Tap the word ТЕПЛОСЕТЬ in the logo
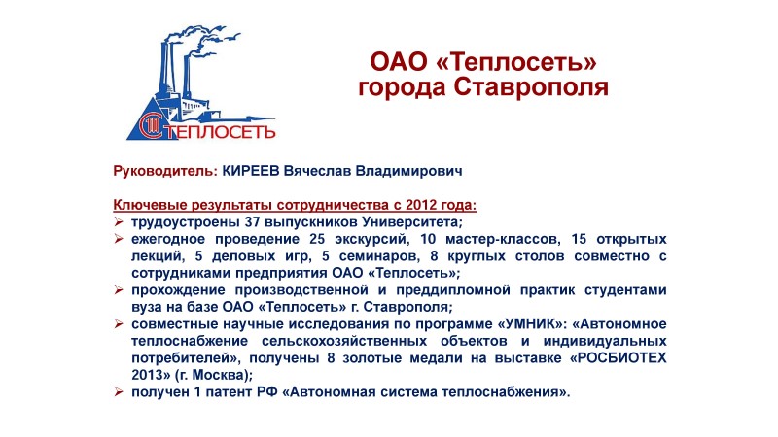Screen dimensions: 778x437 pos(220,132)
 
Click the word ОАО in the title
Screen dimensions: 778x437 pos(399,61)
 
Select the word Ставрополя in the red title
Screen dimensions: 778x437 pos(530,86)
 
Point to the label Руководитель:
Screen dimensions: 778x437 pos(165,171)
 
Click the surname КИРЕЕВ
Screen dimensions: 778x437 pos(251,171)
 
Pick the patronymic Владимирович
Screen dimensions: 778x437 pos(408,171)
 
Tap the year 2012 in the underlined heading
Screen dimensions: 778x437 pos(420,205)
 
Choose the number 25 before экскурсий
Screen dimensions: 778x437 pos(317,239)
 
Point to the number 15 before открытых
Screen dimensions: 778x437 pos(579,239)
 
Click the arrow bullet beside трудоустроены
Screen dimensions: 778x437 pos(118,221)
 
